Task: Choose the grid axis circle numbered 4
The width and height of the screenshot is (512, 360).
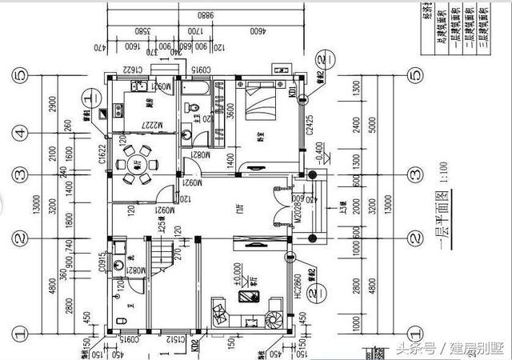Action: coord(19,133)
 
